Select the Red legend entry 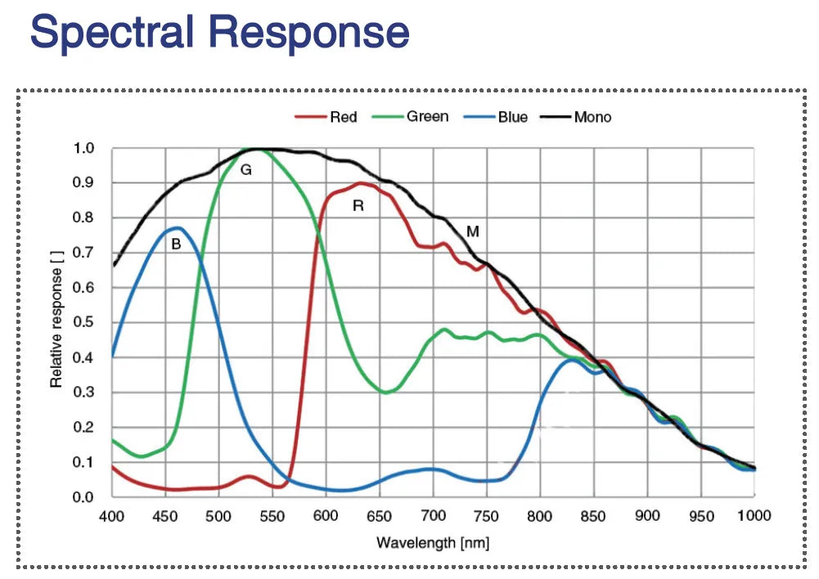tap(343, 117)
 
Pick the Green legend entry tap(427, 117)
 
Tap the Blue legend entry tap(512, 117)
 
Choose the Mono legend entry tap(592, 117)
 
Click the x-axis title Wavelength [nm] tap(433, 542)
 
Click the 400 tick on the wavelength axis tap(111, 515)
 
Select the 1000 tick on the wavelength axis tap(753, 515)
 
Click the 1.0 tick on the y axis tap(84, 149)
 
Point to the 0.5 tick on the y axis tap(84, 323)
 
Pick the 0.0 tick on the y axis tap(84, 497)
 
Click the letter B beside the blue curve tap(176, 243)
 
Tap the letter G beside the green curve tap(245, 170)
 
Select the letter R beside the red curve tap(358, 206)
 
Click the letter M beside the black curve tap(472, 231)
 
